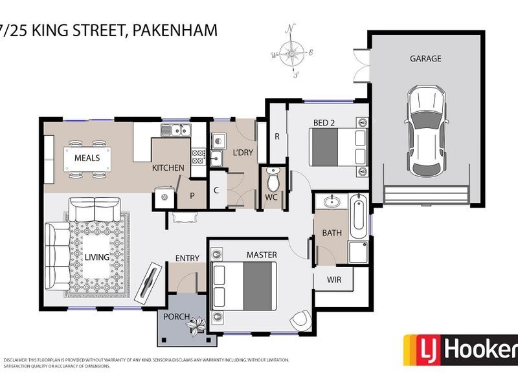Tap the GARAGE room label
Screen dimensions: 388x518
pos(425,58)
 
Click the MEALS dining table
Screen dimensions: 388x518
pos(87,158)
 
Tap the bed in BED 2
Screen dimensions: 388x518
pos(337,147)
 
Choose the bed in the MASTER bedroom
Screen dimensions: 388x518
pos(240,286)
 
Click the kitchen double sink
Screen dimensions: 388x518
pos(175,130)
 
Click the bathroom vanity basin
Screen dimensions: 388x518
pos(331,202)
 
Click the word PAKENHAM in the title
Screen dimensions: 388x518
pos(177,30)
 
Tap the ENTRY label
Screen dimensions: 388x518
pos(187,259)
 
